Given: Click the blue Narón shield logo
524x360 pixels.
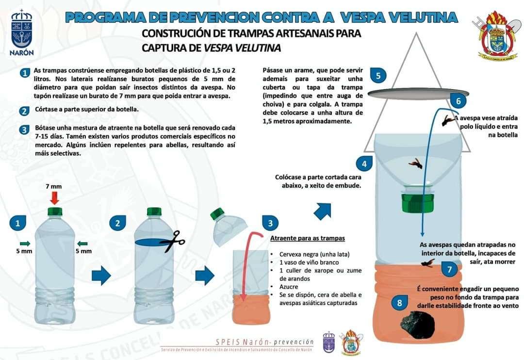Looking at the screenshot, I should tap(21, 33).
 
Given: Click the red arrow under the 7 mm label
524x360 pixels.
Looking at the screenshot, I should tap(54, 197).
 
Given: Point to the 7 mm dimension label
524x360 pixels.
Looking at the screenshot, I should tap(54, 186).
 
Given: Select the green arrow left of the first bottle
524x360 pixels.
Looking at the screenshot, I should tap(25, 243).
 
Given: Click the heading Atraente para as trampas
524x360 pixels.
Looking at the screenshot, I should tap(307, 238).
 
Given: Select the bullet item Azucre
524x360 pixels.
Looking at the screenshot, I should tap(289, 287).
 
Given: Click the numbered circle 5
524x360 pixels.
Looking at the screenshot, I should tap(377, 76).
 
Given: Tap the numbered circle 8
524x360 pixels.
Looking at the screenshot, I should tap(399, 303).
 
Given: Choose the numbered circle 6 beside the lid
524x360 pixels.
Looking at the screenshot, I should tap(458, 101).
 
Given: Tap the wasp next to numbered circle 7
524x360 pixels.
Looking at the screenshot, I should tap(427, 263).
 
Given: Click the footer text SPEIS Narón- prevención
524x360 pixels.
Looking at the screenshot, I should tap(264, 342).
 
